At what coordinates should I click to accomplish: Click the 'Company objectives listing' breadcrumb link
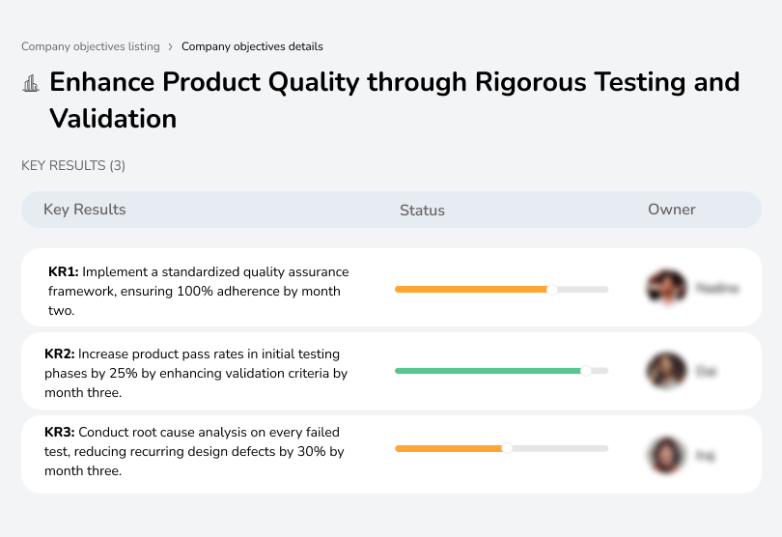pos(91,46)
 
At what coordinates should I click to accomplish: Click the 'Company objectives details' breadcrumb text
pos(252,46)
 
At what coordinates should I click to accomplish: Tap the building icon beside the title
pos(31,83)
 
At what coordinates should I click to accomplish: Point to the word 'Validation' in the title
pos(113,119)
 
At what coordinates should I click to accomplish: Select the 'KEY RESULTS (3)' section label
pos(73,166)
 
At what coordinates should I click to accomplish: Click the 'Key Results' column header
pos(84,210)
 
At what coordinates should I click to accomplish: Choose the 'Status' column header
pos(422,211)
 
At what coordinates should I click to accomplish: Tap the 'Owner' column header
pos(672,210)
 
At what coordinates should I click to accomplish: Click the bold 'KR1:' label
pos(63,272)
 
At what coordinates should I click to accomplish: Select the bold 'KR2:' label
pos(60,354)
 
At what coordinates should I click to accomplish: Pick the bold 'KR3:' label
pos(60,433)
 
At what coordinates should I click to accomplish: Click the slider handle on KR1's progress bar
pos(552,289)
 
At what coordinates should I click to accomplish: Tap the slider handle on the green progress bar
pos(585,370)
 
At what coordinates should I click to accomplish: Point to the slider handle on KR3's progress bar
pos(507,448)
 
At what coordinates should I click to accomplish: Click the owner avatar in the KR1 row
pos(666,288)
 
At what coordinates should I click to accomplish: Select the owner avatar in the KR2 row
pos(666,371)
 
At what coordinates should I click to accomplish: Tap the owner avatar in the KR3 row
pos(666,454)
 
